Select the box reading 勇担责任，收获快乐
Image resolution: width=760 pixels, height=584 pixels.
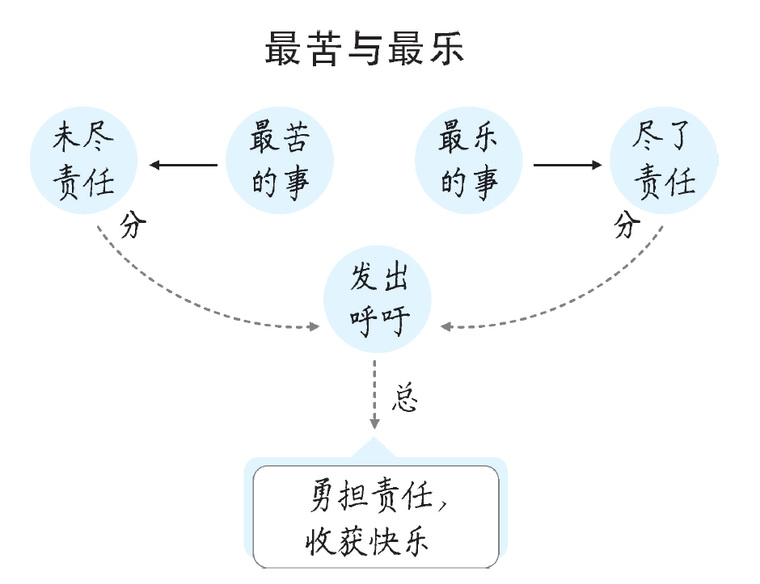(376, 517)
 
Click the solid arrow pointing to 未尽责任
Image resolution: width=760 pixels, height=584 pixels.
(183, 166)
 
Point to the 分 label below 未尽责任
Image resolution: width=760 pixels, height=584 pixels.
(134, 225)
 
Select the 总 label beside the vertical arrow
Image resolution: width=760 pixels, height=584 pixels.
(405, 399)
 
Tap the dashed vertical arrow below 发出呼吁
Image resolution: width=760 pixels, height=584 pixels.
(374, 396)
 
